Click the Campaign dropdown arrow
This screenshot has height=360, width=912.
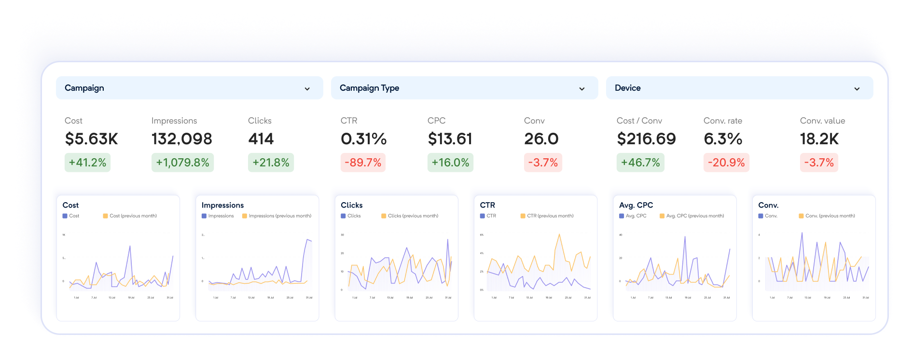(x=307, y=89)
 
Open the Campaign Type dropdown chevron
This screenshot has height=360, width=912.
(x=582, y=89)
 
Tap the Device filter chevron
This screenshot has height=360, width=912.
(x=857, y=89)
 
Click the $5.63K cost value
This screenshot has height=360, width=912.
(x=91, y=139)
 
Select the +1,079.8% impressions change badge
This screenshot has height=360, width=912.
(x=182, y=163)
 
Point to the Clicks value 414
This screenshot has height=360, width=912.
(x=261, y=139)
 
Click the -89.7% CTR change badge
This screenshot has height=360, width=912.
(x=363, y=163)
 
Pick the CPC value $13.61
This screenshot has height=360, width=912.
(x=450, y=139)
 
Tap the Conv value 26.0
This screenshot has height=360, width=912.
(x=541, y=139)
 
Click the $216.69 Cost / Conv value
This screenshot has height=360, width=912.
(x=646, y=139)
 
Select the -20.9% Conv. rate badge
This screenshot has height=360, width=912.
(x=726, y=163)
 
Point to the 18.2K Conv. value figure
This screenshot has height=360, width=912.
(x=819, y=139)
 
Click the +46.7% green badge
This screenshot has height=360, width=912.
(x=640, y=163)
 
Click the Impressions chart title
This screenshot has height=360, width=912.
(x=222, y=205)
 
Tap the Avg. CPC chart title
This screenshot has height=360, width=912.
(x=636, y=205)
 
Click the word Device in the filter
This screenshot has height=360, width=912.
(x=627, y=88)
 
